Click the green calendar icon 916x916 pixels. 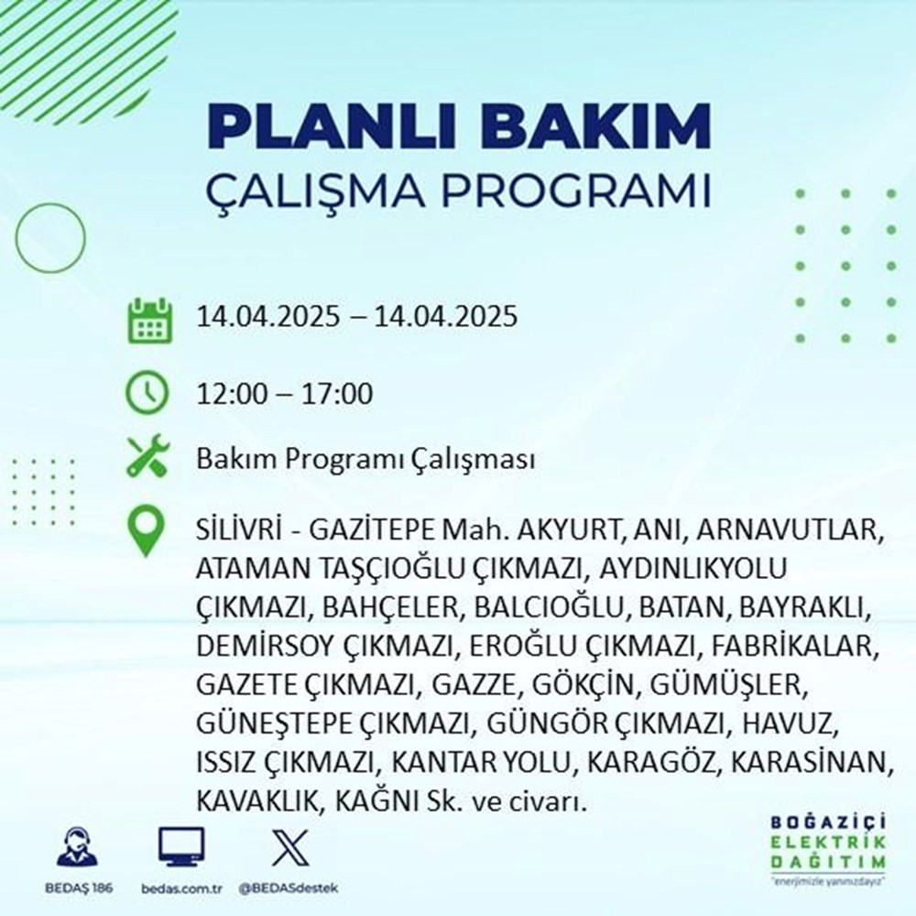click(x=147, y=319)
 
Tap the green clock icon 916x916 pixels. click(x=147, y=395)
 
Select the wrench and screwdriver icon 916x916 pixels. click(x=147, y=458)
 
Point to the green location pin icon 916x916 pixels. click(x=147, y=532)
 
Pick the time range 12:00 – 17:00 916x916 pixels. click(x=284, y=396)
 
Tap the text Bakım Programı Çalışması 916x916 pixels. click(x=365, y=461)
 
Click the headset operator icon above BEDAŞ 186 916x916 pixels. click(x=80, y=847)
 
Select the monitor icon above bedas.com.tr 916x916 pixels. click(x=181, y=847)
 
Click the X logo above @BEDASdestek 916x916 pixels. click(x=288, y=847)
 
